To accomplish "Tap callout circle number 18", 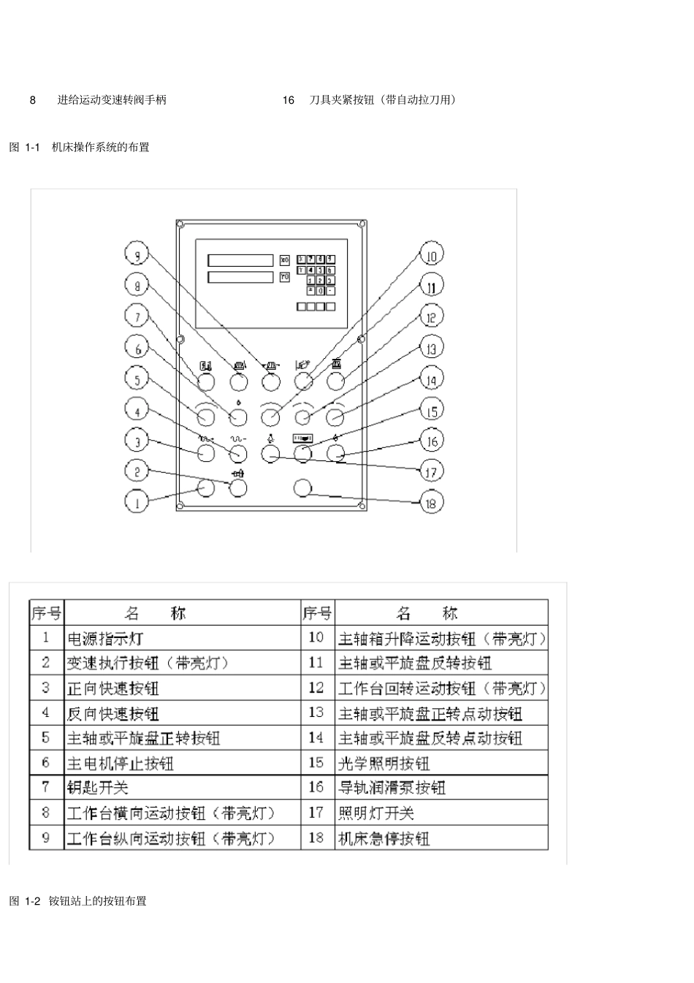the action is click(x=431, y=502).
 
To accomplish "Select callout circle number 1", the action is click(x=137, y=501).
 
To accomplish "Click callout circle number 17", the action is click(x=431, y=471).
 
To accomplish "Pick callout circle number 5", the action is click(x=137, y=379).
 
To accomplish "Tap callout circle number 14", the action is click(x=431, y=379).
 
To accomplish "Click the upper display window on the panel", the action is click(x=240, y=260).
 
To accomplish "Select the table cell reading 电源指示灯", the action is click(x=106, y=639).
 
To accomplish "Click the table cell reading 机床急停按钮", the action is click(x=384, y=838).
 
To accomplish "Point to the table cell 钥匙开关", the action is click(x=98, y=788).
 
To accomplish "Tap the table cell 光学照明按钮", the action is click(x=384, y=764).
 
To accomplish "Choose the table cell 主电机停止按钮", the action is click(x=121, y=764).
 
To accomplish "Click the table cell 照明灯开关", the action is click(x=376, y=813).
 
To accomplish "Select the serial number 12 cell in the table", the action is click(x=316, y=688).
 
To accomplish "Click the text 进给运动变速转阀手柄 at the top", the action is click(x=112, y=100).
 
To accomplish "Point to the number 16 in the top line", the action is click(x=289, y=100).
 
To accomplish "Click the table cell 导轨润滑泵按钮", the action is click(x=392, y=788).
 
